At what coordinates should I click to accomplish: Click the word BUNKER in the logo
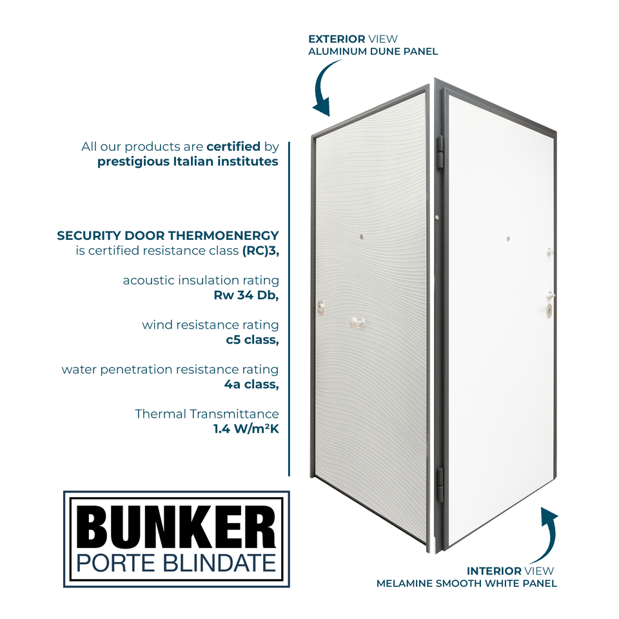pos(177,527)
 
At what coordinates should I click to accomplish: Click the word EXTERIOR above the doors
pos(336,39)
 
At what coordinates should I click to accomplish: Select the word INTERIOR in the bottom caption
pos(494,571)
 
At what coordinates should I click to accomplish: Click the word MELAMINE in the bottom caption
pos(403,584)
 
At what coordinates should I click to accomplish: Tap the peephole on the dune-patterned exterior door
pos(362,237)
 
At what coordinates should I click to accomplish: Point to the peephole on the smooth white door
pos(508,239)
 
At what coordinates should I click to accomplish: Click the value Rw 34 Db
pos(246,296)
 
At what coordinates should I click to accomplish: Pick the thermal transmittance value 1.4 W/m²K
pos(246,429)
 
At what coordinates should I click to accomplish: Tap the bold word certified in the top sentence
pos(233,146)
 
